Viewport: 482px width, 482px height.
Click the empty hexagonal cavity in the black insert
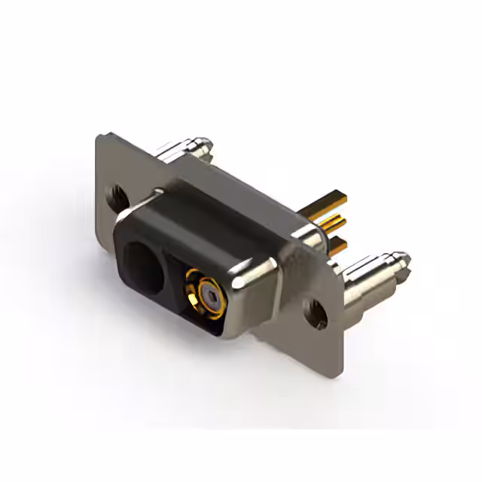pyautogui.click(x=145, y=263)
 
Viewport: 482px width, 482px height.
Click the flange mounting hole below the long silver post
pyautogui.click(x=315, y=309)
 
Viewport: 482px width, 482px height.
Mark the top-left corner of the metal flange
pyautogui.click(x=98, y=136)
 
